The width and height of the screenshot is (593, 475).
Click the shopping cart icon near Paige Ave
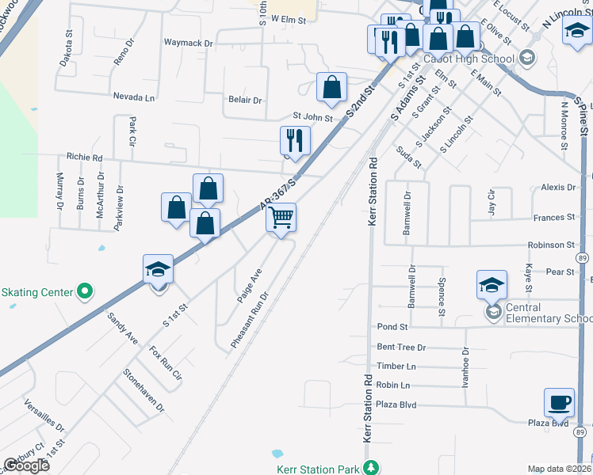[281, 217]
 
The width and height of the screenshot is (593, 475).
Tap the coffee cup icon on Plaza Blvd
[560, 402]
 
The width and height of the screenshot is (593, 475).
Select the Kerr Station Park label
[318, 469]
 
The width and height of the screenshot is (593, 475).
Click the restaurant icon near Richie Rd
[295, 141]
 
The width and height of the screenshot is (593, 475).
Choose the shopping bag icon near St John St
[332, 87]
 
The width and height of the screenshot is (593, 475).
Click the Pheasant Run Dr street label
[250, 320]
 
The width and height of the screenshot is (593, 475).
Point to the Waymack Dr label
[189, 43]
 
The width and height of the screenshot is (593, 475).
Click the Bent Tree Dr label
[401, 347]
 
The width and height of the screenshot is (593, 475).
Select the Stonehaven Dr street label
[143, 391]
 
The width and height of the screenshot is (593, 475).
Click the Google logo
[27, 465]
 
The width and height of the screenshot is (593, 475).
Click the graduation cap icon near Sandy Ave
[158, 270]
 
